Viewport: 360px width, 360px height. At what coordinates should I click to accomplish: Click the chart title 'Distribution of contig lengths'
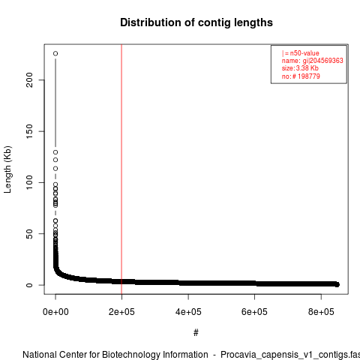pyautogui.click(x=196, y=22)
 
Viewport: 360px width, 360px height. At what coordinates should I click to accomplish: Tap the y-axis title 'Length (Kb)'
pyautogui.click(x=7, y=169)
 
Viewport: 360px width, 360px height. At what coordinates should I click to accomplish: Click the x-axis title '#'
pyautogui.click(x=196, y=333)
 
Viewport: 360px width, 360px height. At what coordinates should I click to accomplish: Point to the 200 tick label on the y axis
pyautogui.click(x=29, y=80)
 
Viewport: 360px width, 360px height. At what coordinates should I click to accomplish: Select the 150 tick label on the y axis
pyautogui.click(x=29, y=131)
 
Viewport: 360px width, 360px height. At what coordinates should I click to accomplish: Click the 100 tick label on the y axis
pyautogui.click(x=29, y=182)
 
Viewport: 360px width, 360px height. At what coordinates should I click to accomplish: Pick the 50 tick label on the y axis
pyautogui.click(x=29, y=234)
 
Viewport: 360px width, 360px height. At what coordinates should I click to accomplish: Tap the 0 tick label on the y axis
pyautogui.click(x=29, y=285)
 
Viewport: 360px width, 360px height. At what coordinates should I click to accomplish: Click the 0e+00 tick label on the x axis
pyautogui.click(x=55, y=312)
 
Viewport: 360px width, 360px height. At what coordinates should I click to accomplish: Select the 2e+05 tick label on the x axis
pyautogui.click(x=121, y=312)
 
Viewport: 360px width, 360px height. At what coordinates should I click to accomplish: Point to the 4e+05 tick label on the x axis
pyautogui.click(x=188, y=312)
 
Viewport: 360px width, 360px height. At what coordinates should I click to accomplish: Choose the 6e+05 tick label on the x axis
pyautogui.click(x=254, y=312)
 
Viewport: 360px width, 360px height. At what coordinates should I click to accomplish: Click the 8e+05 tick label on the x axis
pyautogui.click(x=321, y=312)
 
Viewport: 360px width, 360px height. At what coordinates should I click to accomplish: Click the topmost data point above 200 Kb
pyautogui.click(x=55, y=53)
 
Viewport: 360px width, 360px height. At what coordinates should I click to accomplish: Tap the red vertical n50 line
pyautogui.click(x=121, y=169)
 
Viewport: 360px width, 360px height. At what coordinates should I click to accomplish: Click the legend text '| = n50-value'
pyautogui.click(x=301, y=53)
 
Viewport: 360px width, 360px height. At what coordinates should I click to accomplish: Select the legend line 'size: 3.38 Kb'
pyautogui.click(x=300, y=68)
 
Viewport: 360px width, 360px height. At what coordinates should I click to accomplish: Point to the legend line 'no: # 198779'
pyautogui.click(x=301, y=76)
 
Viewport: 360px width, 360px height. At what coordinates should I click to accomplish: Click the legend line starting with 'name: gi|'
pyautogui.click(x=313, y=61)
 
